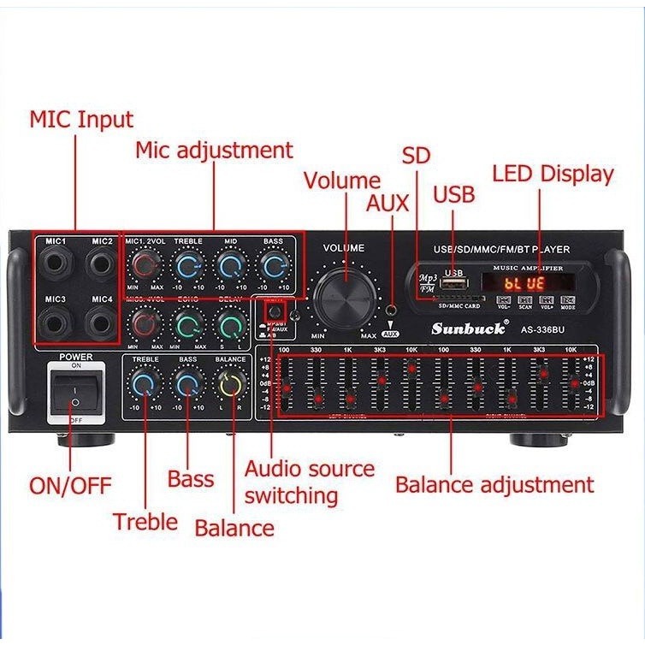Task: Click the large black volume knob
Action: coord(346,295)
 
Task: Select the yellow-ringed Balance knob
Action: coord(230,386)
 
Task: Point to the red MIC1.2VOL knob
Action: coord(145,269)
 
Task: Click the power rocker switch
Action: coord(74,392)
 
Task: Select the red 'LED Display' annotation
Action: coord(553,175)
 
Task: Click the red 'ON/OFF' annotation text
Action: coord(70,485)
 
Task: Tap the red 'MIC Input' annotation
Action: coord(81,119)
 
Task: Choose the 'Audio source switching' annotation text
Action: coord(309,482)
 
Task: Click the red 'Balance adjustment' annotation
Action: coord(494,485)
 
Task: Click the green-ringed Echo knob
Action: coord(187,325)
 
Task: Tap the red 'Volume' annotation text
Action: coord(341,180)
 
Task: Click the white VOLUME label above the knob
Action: coord(343,248)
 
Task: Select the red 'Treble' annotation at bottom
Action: coord(145,521)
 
